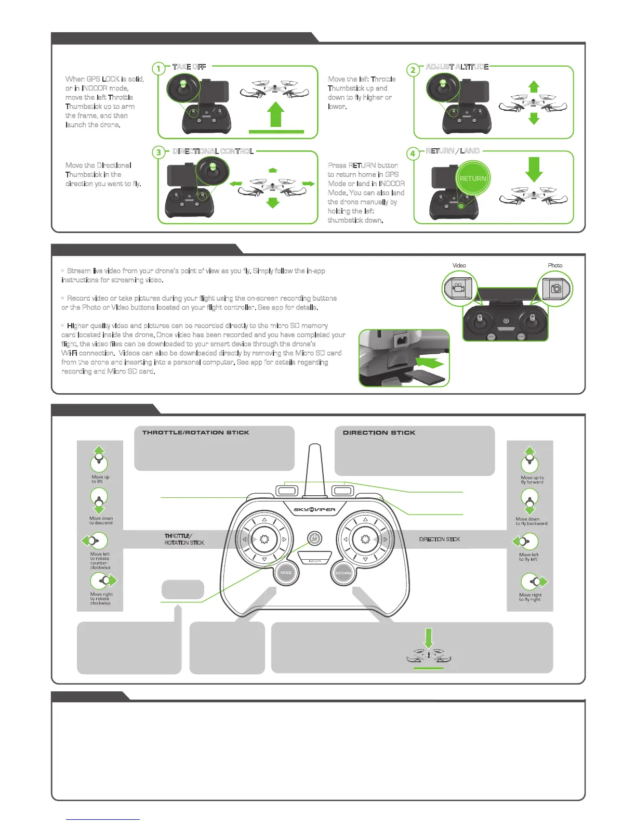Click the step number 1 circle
[158, 69]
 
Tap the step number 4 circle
[413, 153]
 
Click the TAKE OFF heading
[189, 67]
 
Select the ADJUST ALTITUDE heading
[457, 67]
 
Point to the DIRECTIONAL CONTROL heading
[213, 151]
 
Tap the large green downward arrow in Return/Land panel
[534, 169]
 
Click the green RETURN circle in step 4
[473, 178]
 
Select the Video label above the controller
[459, 265]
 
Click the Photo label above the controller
[555, 265]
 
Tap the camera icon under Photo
[556, 288]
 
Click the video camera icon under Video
[458, 288]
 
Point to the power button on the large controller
[314, 539]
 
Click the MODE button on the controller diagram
[286, 572]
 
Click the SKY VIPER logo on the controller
[314, 509]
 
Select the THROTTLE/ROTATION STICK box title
[195, 432]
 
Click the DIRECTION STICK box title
[379, 432]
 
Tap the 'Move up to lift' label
[100, 479]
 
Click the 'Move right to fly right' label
[530, 597]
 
